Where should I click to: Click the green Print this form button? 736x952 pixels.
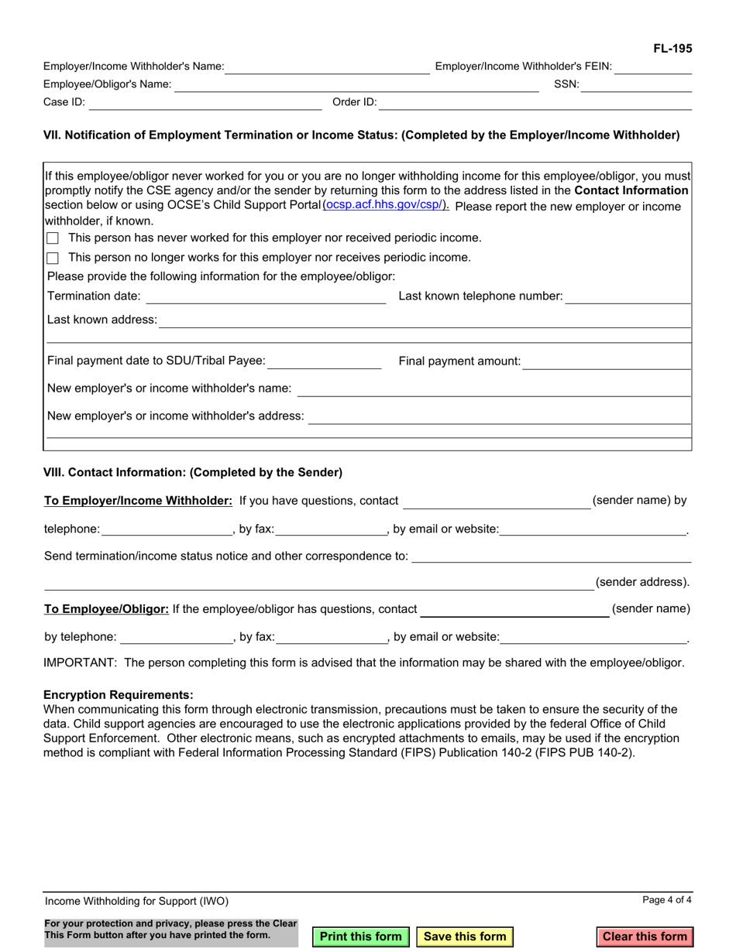360,937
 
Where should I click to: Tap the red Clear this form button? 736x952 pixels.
645,937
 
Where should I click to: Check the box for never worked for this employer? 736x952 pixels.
53,238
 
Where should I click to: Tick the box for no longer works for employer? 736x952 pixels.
53,258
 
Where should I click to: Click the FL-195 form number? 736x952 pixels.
672,49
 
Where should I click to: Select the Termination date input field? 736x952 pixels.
265,296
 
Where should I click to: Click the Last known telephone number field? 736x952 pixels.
628,296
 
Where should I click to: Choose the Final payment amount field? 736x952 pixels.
607,361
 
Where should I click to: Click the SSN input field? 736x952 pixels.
636,85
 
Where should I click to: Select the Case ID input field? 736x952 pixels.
200,103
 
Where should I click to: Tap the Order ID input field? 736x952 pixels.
535,103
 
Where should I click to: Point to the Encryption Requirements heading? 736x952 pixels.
119,695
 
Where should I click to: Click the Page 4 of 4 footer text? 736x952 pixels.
666,900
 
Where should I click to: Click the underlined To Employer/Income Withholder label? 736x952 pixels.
139,501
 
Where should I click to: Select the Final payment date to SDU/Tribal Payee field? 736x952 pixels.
325,361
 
